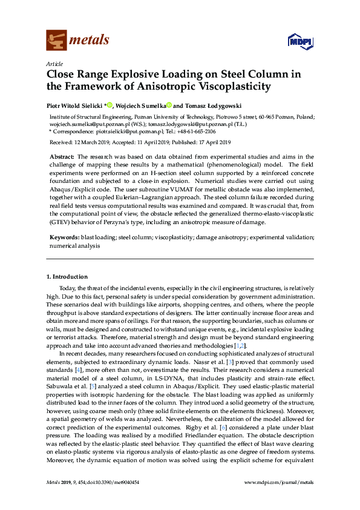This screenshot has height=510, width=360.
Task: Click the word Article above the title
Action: coord(54,64)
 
